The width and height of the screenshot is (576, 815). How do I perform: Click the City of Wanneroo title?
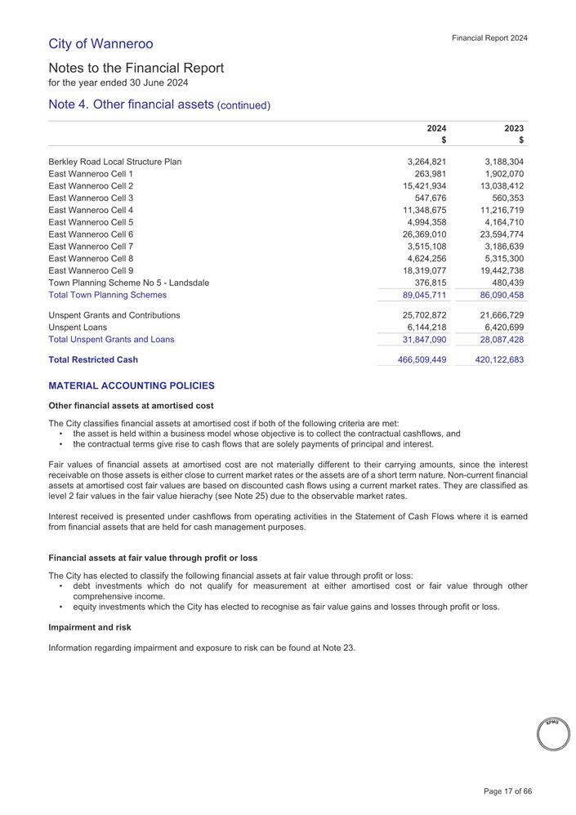pos(100,42)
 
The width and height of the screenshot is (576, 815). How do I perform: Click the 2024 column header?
pos(437,128)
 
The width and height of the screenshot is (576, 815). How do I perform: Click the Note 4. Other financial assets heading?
pos(159,105)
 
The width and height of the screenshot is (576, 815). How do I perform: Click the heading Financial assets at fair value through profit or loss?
pos(154,558)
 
